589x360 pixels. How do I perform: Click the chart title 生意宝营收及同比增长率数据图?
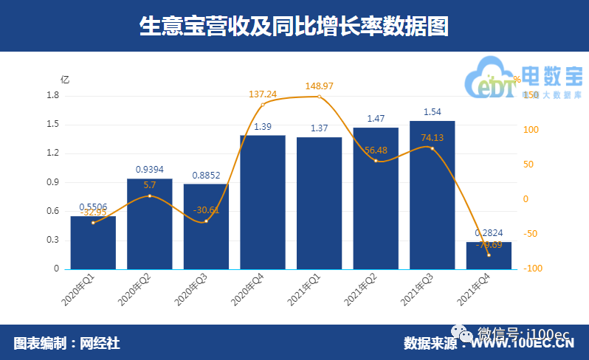294,26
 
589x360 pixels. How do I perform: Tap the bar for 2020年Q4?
263,202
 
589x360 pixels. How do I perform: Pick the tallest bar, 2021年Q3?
432,195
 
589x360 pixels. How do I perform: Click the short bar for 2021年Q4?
489,255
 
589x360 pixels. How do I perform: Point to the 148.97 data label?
320,86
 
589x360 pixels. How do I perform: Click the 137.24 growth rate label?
263,94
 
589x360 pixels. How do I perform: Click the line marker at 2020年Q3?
206,221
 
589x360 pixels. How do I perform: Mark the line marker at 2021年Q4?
489,255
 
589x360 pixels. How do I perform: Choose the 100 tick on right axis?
532,130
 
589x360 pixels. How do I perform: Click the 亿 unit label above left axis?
65,80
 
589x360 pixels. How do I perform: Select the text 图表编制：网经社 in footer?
66,343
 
